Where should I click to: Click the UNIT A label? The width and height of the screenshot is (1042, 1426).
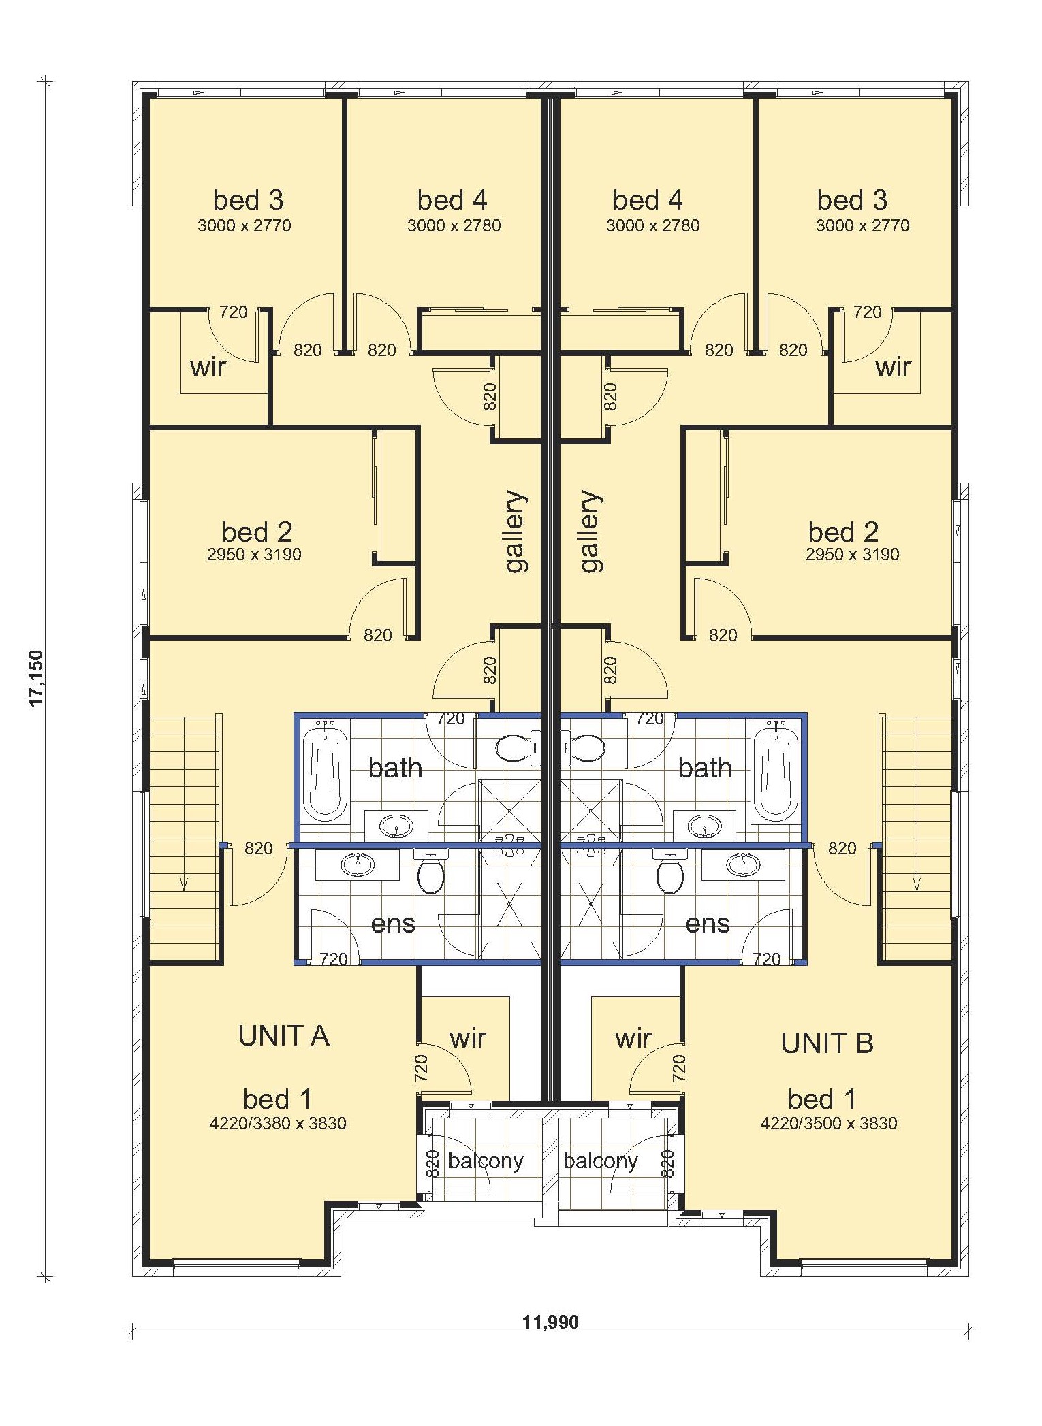[x=284, y=1035]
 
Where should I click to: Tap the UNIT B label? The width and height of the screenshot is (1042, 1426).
[x=827, y=1043]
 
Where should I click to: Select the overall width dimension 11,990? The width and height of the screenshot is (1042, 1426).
[x=550, y=1322]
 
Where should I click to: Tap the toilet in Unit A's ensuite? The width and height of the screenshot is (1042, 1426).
[x=430, y=871]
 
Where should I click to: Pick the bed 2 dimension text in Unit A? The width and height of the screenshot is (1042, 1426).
[x=254, y=554]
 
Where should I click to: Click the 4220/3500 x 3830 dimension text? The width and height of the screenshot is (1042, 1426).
[x=828, y=1122]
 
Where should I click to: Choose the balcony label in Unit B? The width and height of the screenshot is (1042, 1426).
[x=600, y=1161]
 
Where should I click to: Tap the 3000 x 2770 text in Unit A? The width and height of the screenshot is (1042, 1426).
[x=244, y=225]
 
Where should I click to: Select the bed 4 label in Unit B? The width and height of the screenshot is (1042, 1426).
[x=647, y=200]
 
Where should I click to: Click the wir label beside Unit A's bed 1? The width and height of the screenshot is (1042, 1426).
[x=468, y=1039]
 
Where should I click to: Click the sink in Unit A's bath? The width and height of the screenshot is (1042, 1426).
[x=396, y=827]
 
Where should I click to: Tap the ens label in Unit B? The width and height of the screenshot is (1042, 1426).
[x=708, y=924]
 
